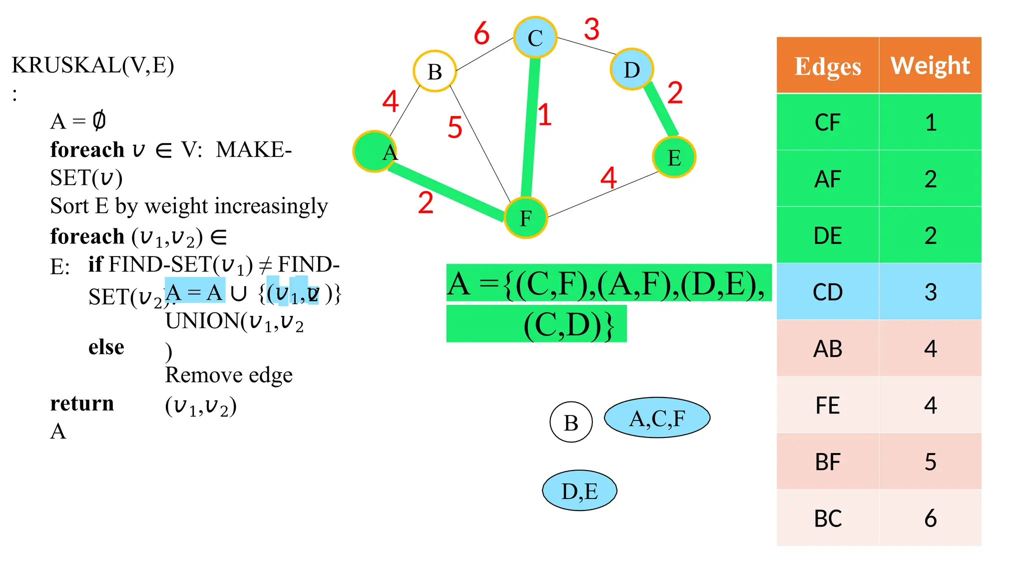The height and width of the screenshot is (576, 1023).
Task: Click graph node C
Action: click(x=535, y=37)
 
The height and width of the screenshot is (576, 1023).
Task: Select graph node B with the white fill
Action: click(x=435, y=71)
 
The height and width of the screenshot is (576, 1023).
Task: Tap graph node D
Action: click(x=632, y=69)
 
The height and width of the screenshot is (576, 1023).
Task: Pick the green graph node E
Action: click(x=674, y=157)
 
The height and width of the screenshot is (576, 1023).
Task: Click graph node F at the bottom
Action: click(x=525, y=218)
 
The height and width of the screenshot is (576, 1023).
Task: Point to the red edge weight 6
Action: click(x=482, y=33)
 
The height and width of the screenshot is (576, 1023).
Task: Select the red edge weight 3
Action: click(x=591, y=29)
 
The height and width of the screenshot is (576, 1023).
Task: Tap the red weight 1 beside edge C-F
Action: click(x=544, y=114)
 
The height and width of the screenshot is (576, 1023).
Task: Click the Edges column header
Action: click(x=828, y=66)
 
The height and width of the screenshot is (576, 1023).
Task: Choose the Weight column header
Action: click(x=930, y=65)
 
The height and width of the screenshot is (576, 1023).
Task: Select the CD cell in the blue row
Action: click(x=828, y=292)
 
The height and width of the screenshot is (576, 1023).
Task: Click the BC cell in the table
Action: click(x=828, y=518)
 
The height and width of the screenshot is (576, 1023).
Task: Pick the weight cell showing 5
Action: click(x=930, y=462)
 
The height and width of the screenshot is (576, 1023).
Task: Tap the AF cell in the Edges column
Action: click(x=828, y=179)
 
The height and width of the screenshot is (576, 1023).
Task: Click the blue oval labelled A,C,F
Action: click(x=657, y=418)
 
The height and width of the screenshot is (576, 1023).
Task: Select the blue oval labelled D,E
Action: click(x=579, y=490)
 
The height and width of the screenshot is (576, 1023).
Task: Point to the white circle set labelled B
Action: click(x=571, y=422)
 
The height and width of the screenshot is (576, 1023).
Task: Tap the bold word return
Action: click(x=82, y=403)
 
